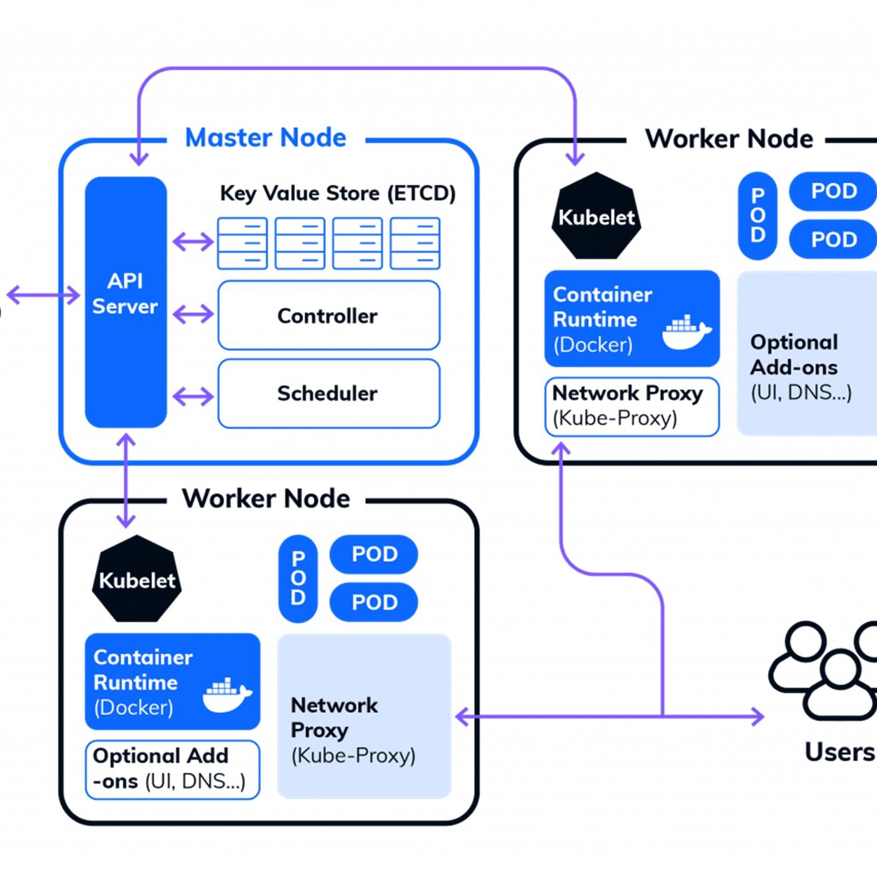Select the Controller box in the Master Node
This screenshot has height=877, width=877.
click(x=328, y=316)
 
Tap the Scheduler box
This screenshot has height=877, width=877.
click(x=328, y=393)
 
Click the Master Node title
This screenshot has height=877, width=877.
click(x=266, y=138)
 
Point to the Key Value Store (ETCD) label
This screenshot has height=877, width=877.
click(x=338, y=193)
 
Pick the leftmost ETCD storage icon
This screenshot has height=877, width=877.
click(x=242, y=243)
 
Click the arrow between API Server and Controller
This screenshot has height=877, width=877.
click(x=193, y=314)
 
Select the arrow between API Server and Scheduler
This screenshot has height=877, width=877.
click(x=193, y=396)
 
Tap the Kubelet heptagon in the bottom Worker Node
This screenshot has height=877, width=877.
click(x=137, y=579)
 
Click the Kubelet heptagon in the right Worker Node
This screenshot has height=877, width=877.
click(x=596, y=216)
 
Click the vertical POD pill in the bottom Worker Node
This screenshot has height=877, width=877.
click(x=298, y=579)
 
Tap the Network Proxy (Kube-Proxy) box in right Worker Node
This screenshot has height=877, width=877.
click(x=631, y=407)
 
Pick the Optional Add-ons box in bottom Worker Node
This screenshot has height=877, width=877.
click(x=172, y=769)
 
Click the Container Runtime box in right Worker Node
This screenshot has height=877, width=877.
click(x=631, y=318)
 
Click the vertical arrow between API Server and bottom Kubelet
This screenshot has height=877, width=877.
click(x=126, y=481)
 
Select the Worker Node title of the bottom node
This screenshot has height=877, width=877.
click(x=266, y=499)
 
